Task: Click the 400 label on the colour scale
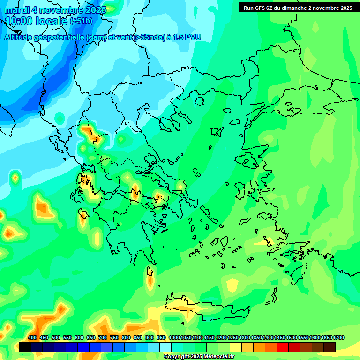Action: coord(32,337)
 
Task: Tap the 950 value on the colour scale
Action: coord(161,337)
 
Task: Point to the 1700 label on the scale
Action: coord(339,337)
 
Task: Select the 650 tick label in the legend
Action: coord(91,337)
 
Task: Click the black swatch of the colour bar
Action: coord(25,347)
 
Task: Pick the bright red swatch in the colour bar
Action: coord(283,347)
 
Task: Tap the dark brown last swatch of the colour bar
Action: coord(330,347)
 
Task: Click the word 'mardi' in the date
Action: coord(17,9)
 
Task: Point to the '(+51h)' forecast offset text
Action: coord(81,21)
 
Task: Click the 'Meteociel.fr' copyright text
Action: coord(216,357)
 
